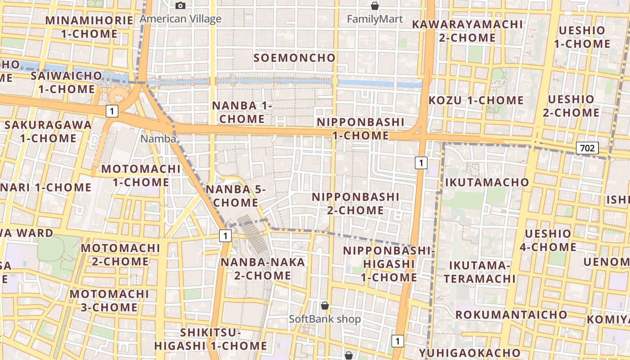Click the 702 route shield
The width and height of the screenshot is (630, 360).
(587, 148)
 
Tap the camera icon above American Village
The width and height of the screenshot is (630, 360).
(180, 5)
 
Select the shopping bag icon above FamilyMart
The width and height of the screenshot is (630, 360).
(374, 6)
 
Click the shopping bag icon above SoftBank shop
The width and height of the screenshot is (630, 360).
(324, 306)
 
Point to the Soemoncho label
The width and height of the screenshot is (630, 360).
(294, 58)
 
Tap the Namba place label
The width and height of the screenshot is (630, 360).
(158, 139)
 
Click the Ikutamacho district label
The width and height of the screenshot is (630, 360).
(487, 182)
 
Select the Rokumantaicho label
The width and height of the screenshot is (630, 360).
(511, 314)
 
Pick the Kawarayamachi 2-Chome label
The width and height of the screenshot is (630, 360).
(468, 31)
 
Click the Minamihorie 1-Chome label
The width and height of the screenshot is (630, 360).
(89, 27)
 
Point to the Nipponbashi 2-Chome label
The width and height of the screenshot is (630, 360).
(355, 203)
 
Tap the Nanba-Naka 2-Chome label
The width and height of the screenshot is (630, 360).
(263, 269)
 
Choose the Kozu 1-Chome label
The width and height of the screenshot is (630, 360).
(476, 100)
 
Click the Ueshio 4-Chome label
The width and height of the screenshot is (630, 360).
(548, 240)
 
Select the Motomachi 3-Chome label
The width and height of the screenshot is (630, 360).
(109, 301)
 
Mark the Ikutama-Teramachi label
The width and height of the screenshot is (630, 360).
(480, 272)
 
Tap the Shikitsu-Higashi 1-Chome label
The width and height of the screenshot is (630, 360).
(211, 339)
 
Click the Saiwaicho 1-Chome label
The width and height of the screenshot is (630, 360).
(67, 82)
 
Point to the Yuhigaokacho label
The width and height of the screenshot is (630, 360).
(470, 353)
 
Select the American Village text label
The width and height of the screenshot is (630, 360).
(180, 19)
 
